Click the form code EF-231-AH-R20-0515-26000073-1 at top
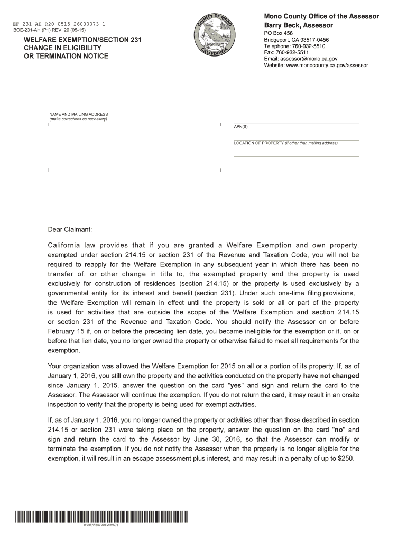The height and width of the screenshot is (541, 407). [x=59, y=24]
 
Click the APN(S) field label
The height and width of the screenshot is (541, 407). [x=240, y=127]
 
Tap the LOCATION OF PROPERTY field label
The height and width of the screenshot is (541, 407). [x=259, y=143]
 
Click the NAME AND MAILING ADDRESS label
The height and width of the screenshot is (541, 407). [x=78, y=114]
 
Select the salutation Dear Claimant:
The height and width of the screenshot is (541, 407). [x=70, y=230]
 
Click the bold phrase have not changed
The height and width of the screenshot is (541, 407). [x=331, y=376]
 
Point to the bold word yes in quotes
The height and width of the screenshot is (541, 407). [x=236, y=385]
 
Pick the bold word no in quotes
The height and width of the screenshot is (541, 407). [x=338, y=430]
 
